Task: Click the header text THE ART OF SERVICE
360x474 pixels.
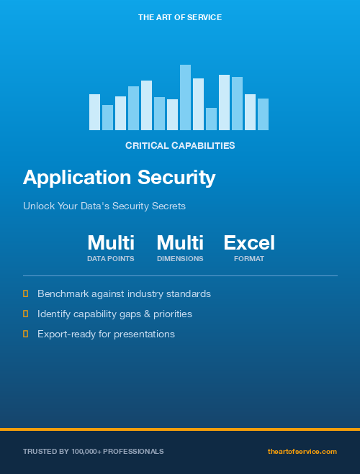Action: click(180, 17)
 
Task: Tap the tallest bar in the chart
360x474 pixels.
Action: click(185, 97)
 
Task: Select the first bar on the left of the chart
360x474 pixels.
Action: click(94, 111)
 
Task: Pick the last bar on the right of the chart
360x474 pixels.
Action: click(263, 114)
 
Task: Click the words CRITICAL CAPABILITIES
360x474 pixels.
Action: click(180, 145)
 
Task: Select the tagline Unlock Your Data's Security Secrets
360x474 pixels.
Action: click(104, 206)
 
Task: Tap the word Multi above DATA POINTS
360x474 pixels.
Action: click(111, 242)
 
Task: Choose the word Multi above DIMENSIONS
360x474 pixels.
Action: click(180, 242)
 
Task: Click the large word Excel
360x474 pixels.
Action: click(249, 242)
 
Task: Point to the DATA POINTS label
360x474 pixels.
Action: click(111, 258)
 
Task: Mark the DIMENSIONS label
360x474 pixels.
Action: click(180, 258)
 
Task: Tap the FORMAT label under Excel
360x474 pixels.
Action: click(249, 258)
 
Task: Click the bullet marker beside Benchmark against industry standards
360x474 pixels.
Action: click(26, 293)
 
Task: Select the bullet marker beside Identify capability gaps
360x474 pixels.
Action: click(26, 314)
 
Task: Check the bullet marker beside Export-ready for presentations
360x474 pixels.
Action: click(26, 334)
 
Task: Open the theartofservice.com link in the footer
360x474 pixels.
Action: click(302, 451)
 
